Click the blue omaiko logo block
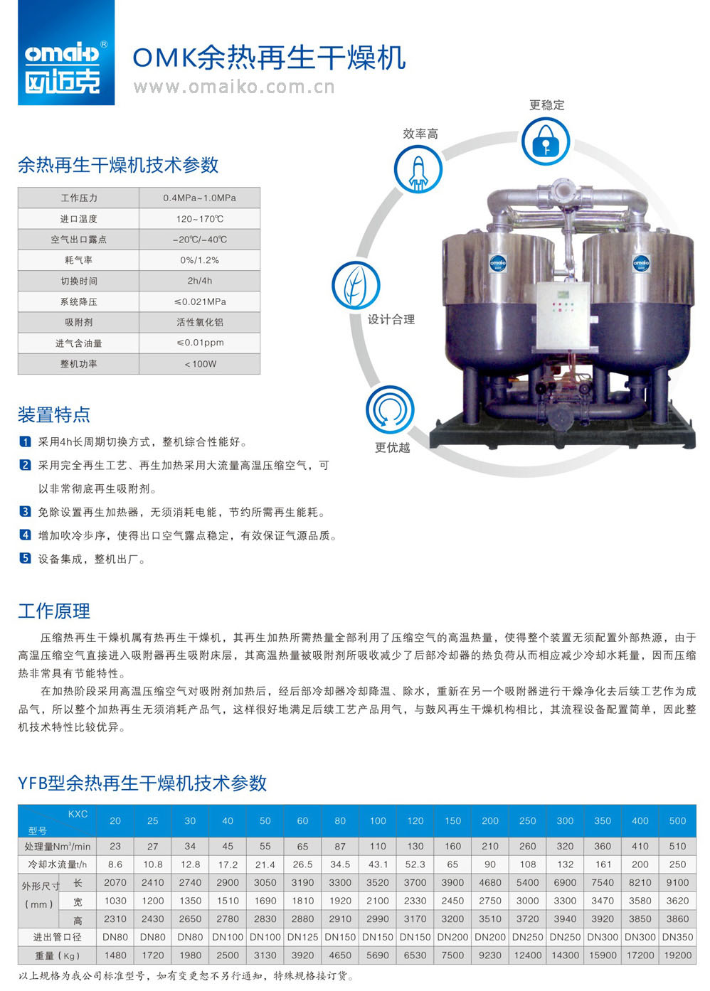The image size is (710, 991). pos(66,52)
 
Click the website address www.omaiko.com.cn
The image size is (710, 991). pos(234,87)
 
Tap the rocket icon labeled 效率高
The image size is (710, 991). pos(418,169)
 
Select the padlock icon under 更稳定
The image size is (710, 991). pos(546,141)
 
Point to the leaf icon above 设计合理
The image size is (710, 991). pos(356,285)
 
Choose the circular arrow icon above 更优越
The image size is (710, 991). pos(390,409)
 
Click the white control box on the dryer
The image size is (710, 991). pos(563,316)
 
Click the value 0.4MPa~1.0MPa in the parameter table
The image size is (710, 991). pos(200,198)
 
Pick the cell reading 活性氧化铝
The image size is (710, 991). pos(200,322)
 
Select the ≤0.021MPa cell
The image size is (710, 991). pos(200,301)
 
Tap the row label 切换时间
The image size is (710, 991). pos(78,281)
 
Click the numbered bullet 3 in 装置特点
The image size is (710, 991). pos(25,511)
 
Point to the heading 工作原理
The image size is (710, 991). pos(54,611)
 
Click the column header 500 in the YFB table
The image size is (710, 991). pos(677,820)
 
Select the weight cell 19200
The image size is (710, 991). pos(677,955)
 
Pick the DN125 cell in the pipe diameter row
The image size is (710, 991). pos(302,937)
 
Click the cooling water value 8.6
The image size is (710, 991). pos(115,864)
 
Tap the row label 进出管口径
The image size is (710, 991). pos(57,937)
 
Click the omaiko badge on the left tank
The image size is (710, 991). pos(497,263)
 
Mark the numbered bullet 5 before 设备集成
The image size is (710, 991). pos(25,558)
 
